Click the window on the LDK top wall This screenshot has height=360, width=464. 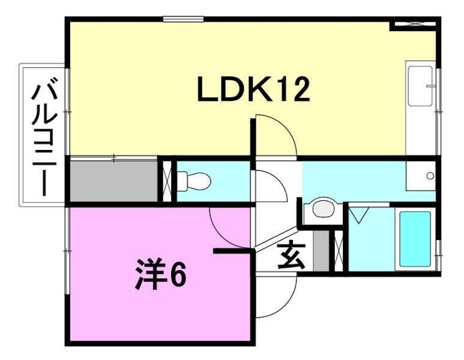(183, 19)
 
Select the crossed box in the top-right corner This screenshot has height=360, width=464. (414, 25)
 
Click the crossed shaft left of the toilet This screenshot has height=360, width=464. (167, 180)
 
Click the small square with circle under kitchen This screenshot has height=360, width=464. (420, 176)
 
